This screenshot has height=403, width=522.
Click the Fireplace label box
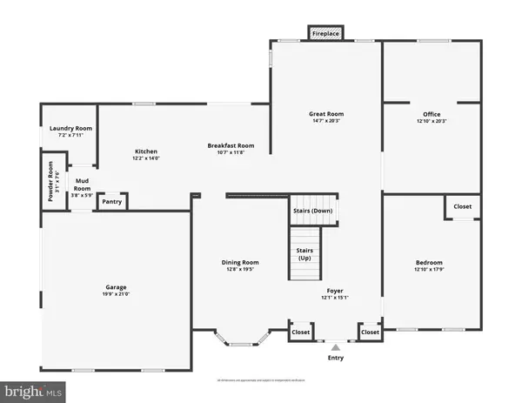click(x=326, y=34)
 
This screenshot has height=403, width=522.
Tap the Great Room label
click(x=326, y=114)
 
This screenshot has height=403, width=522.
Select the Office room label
click(x=432, y=114)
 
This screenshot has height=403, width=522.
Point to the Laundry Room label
click(x=70, y=128)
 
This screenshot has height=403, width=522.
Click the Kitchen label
click(x=146, y=149)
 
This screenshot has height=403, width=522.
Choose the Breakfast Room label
click(x=230, y=145)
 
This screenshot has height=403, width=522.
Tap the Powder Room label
click(x=50, y=180)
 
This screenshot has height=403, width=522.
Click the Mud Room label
click(x=82, y=185)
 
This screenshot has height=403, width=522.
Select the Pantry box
click(x=111, y=202)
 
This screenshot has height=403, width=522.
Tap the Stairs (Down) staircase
click(x=311, y=211)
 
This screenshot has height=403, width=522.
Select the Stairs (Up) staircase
click(x=304, y=254)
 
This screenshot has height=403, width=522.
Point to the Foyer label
click(x=335, y=291)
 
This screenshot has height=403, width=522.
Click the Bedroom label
click(x=429, y=262)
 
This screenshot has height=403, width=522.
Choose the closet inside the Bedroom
click(x=462, y=207)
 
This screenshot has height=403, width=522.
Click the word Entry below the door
click(x=335, y=358)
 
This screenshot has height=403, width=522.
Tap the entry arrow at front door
click(x=335, y=345)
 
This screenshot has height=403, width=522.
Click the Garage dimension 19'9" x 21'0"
click(x=117, y=294)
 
